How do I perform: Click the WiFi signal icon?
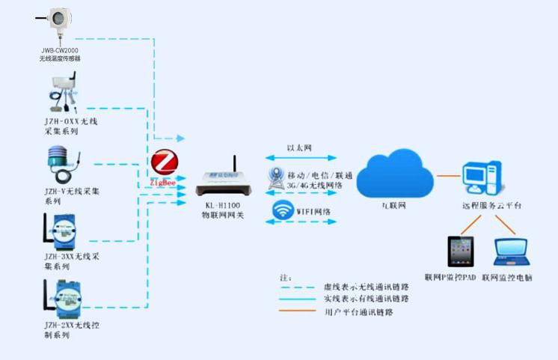coord(282,211)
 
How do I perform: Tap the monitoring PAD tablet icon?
coord(462,251)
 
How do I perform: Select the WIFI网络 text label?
coord(314,212)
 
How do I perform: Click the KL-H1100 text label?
coord(222,204)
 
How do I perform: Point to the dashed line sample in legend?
coord(300,287)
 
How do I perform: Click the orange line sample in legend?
coord(300,311)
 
